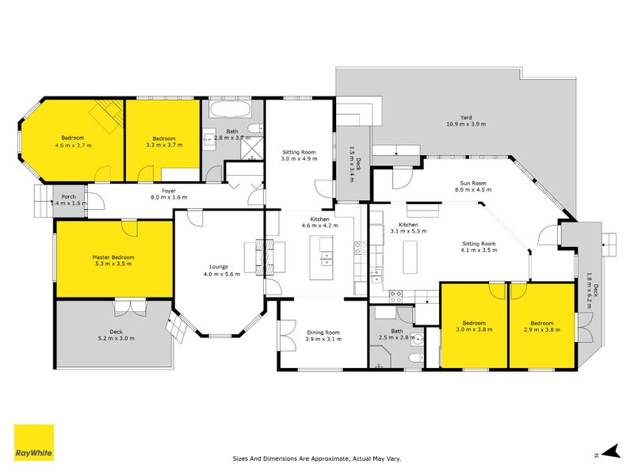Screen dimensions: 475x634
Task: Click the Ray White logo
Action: coord(34,443)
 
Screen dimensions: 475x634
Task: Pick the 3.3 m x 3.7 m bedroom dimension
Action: coord(164,145)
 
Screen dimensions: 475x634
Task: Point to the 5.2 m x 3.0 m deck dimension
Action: coord(115,338)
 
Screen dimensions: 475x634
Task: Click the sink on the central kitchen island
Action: coord(326,255)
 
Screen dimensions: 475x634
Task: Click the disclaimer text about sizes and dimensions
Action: coord(316,458)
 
